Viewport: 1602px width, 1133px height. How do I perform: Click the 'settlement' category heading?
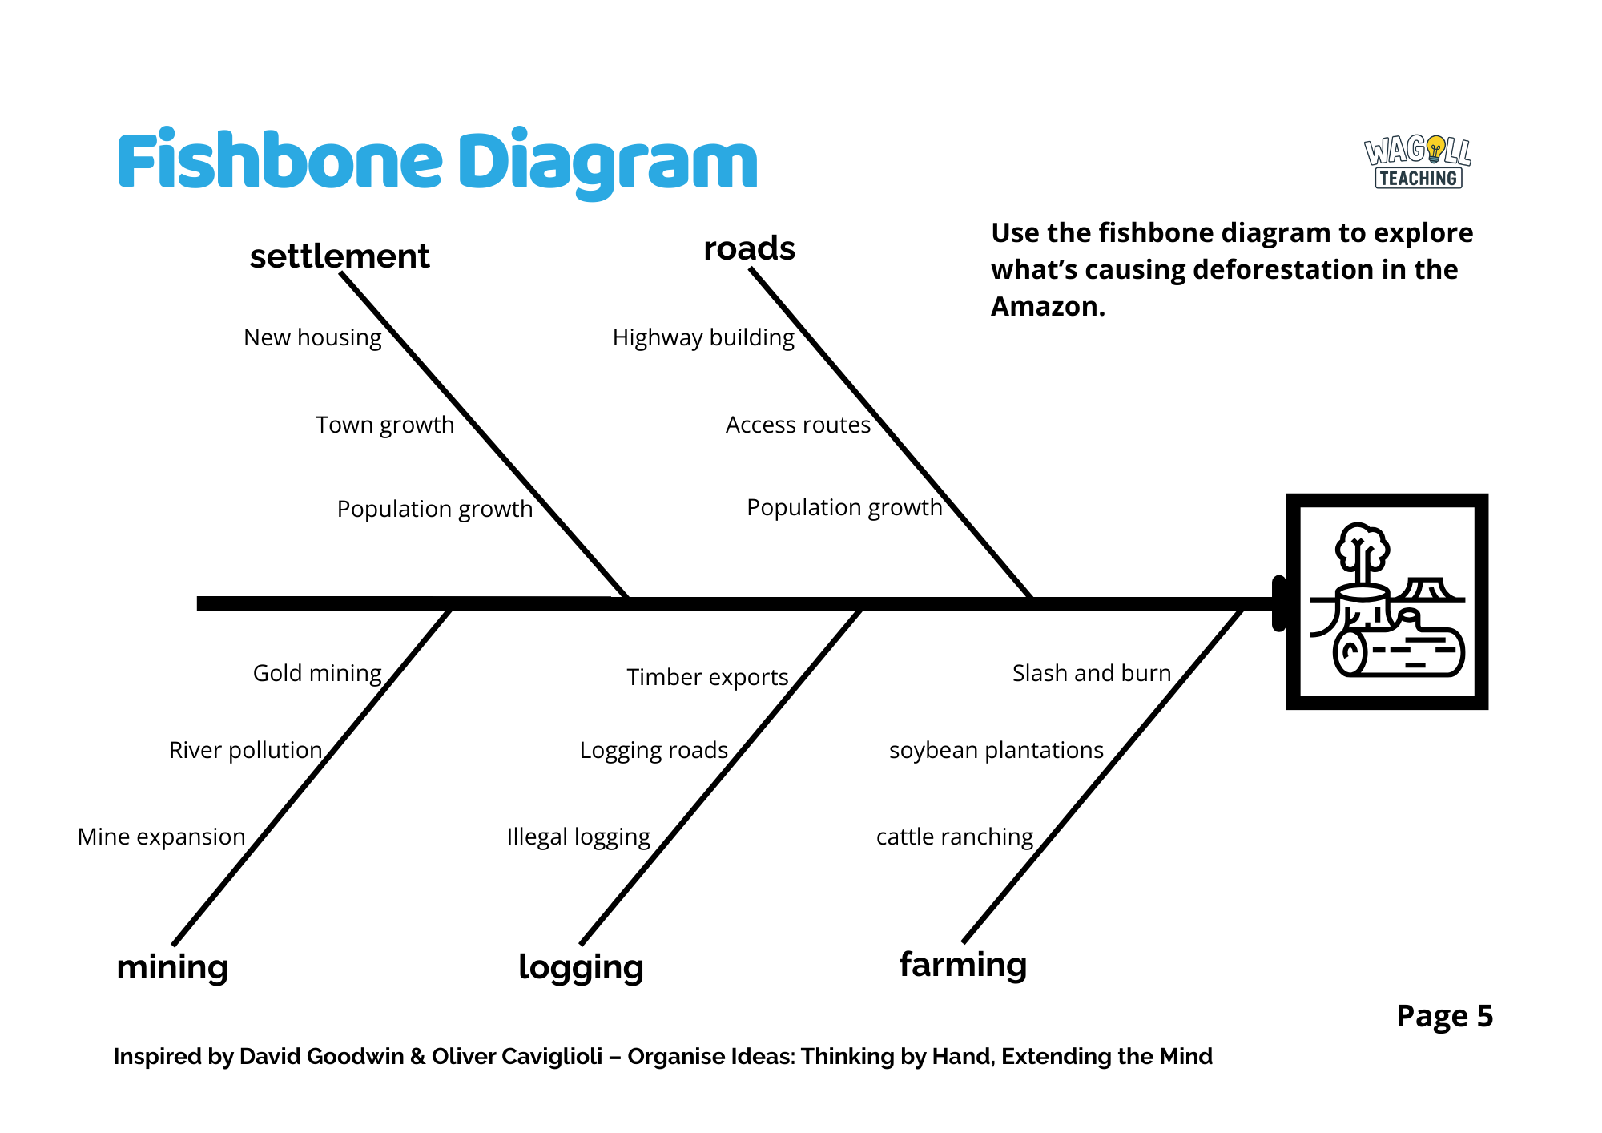pyautogui.click(x=340, y=256)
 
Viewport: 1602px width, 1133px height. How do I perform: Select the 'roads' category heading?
pyautogui.click(x=749, y=248)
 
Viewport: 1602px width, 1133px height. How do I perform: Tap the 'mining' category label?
pyautogui.click(x=172, y=967)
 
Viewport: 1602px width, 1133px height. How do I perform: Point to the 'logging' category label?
pyautogui.click(x=581, y=967)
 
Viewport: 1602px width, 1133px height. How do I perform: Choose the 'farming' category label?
pyautogui.click(x=963, y=965)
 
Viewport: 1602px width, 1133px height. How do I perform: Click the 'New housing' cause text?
pyautogui.click(x=312, y=337)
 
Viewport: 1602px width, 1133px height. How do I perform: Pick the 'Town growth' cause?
pyautogui.click(x=384, y=425)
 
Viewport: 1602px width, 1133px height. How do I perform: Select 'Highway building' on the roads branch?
pyautogui.click(x=703, y=337)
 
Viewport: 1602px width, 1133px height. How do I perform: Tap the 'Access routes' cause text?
pyautogui.click(x=798, y=425)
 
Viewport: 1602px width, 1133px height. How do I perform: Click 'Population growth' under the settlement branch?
pyautogui.click(x=434, y=509)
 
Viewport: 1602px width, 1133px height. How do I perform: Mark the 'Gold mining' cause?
pyautogui.click(x=317, y=673)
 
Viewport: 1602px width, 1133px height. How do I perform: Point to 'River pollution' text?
pyautogui.click(x=245, y=750)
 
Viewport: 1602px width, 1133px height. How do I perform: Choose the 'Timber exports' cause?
pyautogui.click(x=707, y=677)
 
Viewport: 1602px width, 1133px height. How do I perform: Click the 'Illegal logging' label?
pyautogui.click(x=578, y=837)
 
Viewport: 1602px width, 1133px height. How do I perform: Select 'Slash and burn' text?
pyautogui.click(x=1091, y=673)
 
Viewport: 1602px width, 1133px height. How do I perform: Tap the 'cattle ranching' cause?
pyautogui.click(x=955, y=837)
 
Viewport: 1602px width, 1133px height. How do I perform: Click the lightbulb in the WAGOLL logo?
pyautogui.click(x=1436, y=148)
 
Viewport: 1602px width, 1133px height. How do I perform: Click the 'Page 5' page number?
pyautogui.click(x=1444, y=1016)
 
